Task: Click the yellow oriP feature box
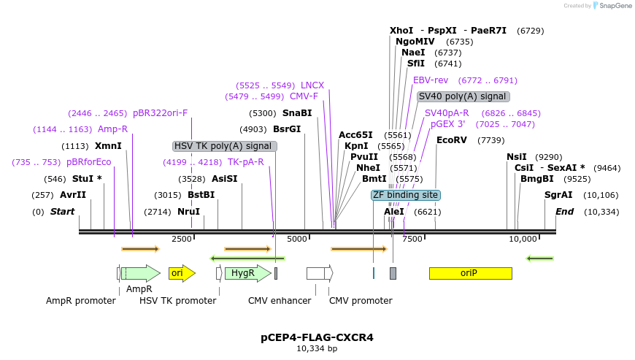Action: click(470, 273)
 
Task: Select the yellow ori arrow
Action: click(181, 273)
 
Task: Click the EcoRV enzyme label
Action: click(451, 140)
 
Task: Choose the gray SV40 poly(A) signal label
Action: click(463, 96)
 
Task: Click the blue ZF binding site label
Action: click(405, 195)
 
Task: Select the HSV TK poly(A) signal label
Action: click(225, 146)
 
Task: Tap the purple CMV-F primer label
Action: click(304, 96)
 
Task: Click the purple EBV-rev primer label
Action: click(431, 80)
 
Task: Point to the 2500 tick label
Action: click(182, 239)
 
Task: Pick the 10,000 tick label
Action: click(523, 239)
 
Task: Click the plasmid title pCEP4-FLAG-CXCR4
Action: click(317, 337)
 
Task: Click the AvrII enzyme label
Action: click(72, 195)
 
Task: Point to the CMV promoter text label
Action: click(361, 301)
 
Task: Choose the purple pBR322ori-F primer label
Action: click(160, 113)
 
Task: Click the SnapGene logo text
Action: click(612, 6)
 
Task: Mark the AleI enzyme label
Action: click(393, 212)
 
